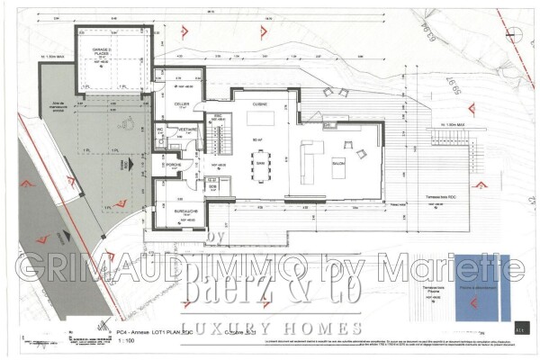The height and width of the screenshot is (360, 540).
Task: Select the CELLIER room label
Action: pyautogui.click(x=180, y=104)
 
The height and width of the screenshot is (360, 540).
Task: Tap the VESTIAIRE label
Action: pyautogui.click(x=188, y=130)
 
